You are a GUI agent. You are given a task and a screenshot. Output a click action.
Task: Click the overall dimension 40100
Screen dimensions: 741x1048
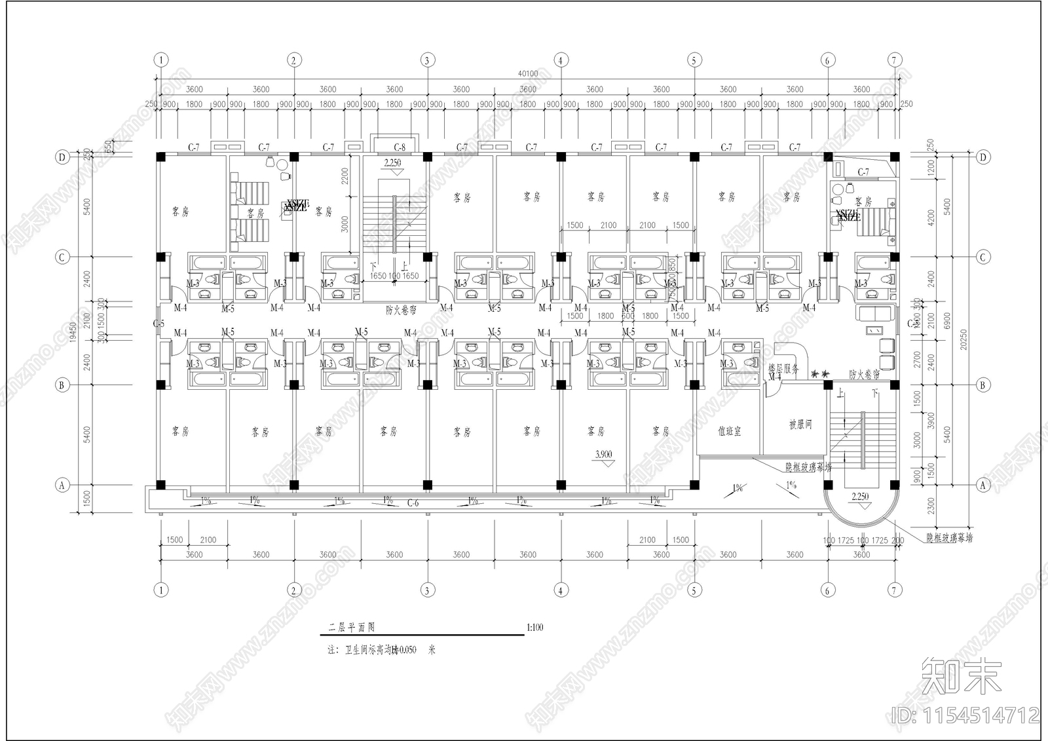click(x=528, y=73)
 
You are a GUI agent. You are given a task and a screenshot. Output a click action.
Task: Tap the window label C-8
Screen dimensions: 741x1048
click(x=400, y=147)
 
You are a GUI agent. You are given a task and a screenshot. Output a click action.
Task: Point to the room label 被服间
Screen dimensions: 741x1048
click(x=800, y=425)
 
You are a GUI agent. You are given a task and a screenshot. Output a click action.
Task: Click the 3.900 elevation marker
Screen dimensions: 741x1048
click(x=604, y=455)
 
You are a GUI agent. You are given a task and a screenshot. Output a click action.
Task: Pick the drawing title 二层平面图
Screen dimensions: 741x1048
click(x=352, y=628)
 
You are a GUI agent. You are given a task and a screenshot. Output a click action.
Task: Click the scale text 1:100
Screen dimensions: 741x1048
click(x=534, y=628)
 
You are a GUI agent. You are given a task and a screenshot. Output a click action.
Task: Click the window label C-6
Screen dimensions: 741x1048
click(x=413, y=503)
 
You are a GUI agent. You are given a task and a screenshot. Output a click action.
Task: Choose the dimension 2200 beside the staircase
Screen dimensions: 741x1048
click(x=345, y=176)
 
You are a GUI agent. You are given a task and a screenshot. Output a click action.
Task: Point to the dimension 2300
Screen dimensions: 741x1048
click(x=931, y=506)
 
